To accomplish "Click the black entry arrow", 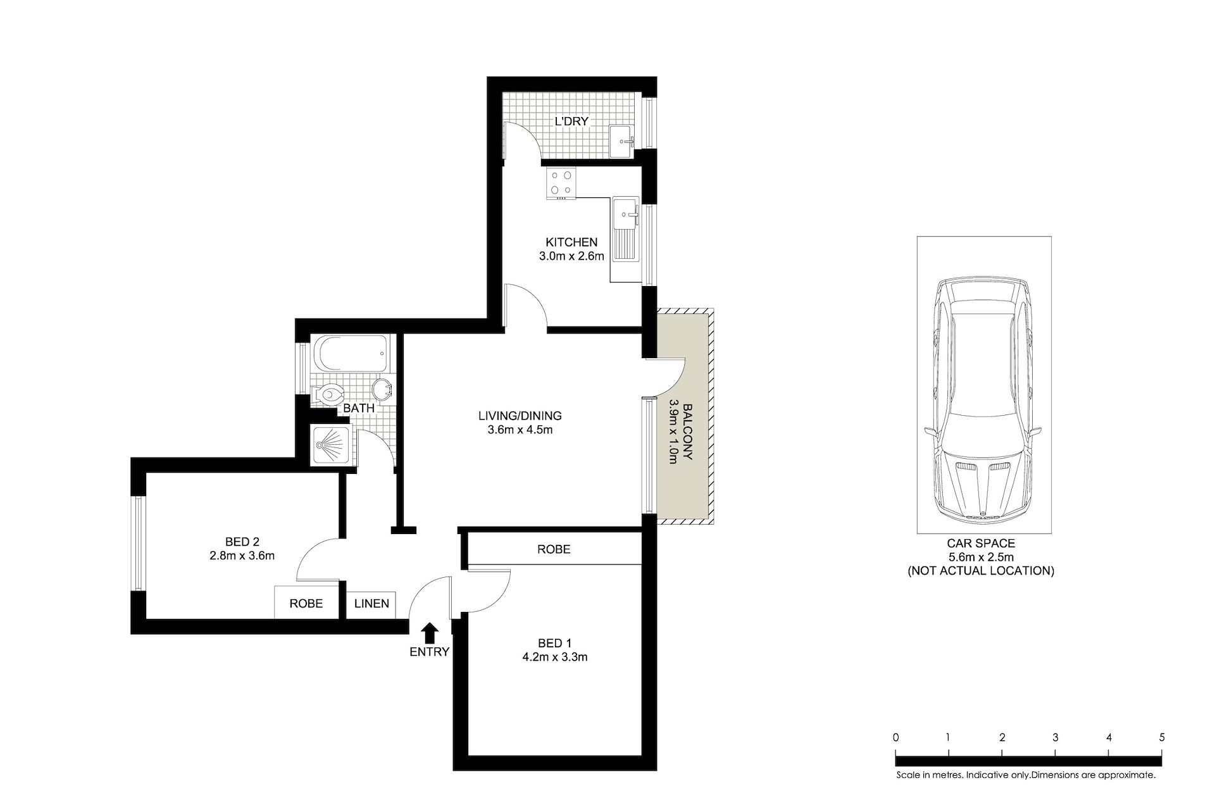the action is click(430, 632).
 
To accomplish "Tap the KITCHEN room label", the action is click(571, 242).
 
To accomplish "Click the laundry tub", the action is click(621, 139).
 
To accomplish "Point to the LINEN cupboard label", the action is click(371, 604).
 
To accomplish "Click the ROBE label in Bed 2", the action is click(306, 604).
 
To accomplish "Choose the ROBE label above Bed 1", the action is click(554, 549).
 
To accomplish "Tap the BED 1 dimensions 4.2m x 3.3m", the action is click(554, 657).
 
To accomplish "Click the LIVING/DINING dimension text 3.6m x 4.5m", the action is click(520, 430).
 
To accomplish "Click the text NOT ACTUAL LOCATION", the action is click(981, 571).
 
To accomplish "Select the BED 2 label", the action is click(242, 542).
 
